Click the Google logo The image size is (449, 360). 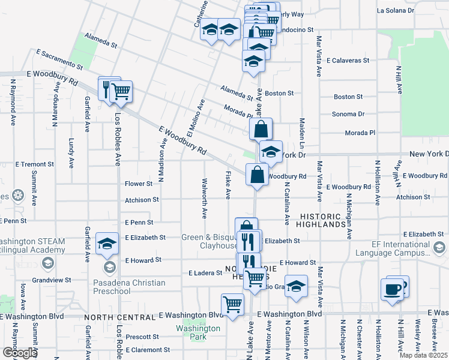point(20,353)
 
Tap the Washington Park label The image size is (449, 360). point(197,332)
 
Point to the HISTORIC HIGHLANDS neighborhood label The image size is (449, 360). point(324,220)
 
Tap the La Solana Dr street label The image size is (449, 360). point(395,11)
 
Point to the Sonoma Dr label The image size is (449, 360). point(349,114)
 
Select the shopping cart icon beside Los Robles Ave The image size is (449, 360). point(121,92)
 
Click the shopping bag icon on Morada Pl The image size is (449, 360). point(261,128)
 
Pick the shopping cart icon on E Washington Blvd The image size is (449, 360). point(232,305)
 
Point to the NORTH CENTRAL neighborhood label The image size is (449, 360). point(119,317)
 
